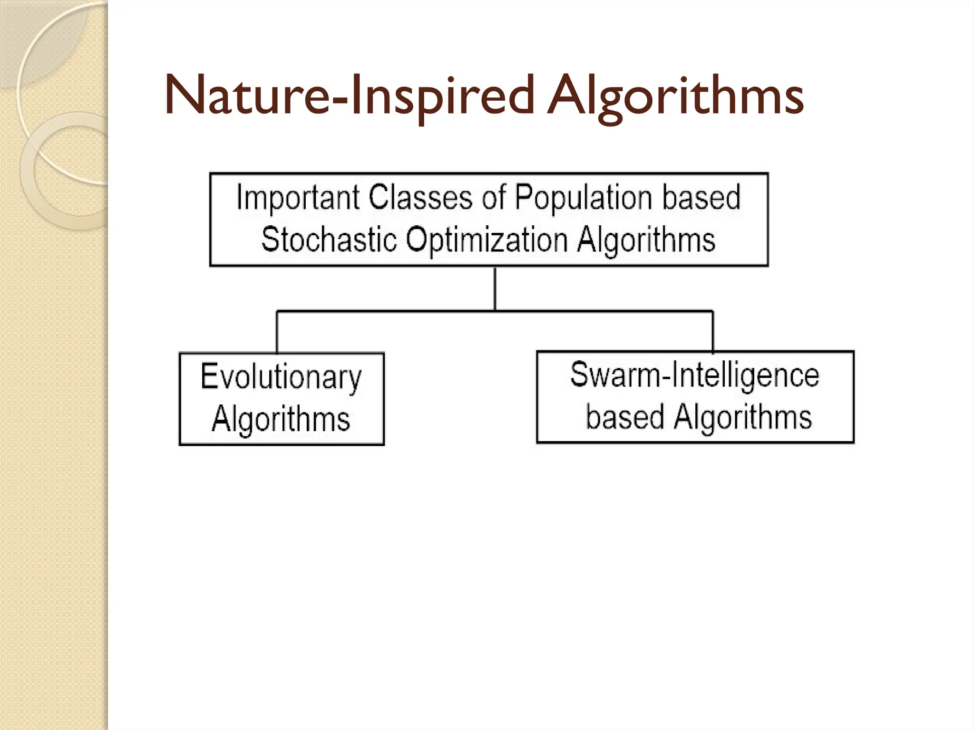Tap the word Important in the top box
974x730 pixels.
[x=298, y=197]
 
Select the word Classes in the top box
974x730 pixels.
[x=421, y=197]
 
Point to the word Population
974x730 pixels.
[x=584, y=197]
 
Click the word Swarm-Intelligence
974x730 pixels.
[x=695, y=375]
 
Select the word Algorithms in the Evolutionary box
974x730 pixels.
[x=281, y=419]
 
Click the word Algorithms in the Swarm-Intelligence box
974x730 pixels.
[x=743, y=417]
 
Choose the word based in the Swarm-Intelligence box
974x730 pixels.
[x=625, y=417]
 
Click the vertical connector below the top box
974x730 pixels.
[x=495, y=288]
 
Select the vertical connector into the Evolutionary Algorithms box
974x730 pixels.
[x=277, y=332]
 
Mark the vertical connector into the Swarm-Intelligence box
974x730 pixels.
[x=712, y=331]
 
